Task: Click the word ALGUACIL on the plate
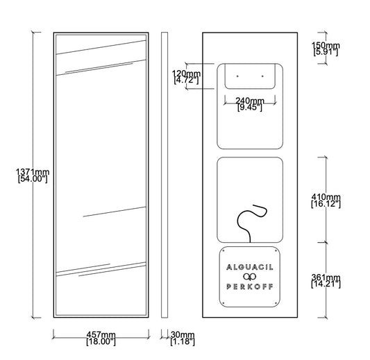(250, 267)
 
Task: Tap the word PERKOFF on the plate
(250, 286)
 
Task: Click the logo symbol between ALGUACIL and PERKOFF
(250, 277)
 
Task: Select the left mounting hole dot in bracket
(237, 76)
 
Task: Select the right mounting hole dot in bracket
(262, 76)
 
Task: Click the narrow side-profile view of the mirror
(165, 175)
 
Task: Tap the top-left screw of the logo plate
(224, 251)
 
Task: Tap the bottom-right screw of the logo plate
(276, 303)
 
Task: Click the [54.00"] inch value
(33, 179)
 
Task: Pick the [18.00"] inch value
(101, 342)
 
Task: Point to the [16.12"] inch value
(326, 204)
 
